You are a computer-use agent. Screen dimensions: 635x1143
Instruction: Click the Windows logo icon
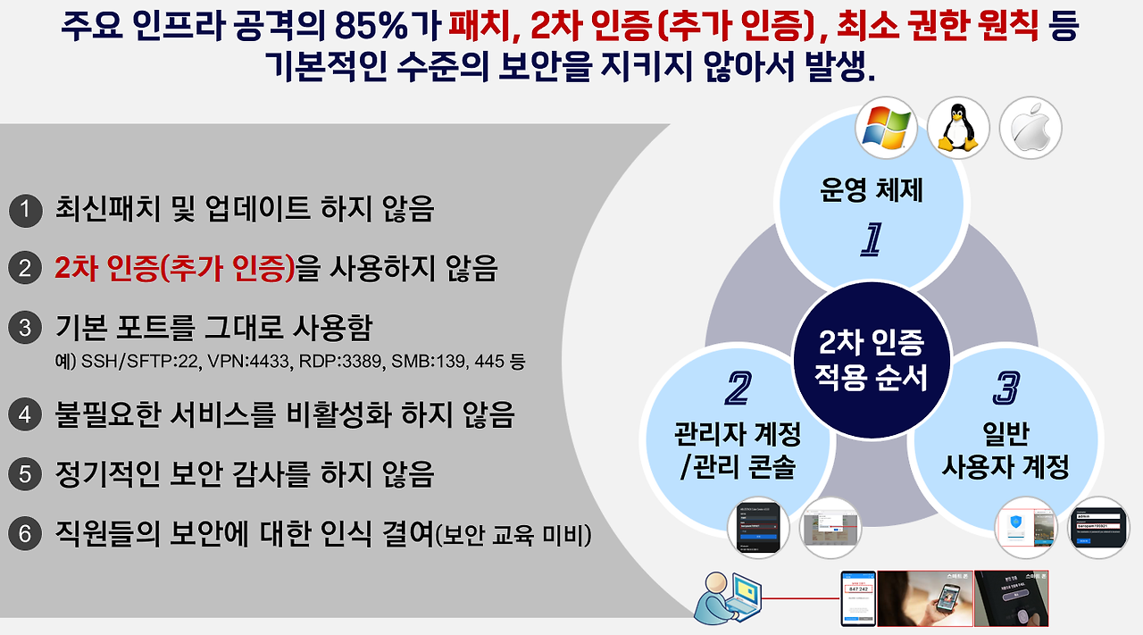click(x=886, y=128)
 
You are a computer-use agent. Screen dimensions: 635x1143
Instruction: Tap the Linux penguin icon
click(x=958, y=128)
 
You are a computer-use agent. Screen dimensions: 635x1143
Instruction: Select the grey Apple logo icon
click(x=1030, y=128)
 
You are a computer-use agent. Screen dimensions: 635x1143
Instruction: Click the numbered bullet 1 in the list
click(x=26, y=211)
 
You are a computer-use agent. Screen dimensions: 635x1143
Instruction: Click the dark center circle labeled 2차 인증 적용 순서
click(x=871, y=362)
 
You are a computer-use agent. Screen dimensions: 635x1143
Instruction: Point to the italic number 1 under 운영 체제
click(x=871, y=239)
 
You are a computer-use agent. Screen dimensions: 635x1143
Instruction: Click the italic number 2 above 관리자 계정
click(x=738, y=389)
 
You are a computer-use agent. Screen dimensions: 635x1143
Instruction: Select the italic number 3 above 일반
click(x=1005, y=389)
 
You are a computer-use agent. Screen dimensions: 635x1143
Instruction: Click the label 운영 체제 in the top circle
click(x=871, y=190)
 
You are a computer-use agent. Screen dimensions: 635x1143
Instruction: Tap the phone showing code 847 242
click(x=857, y=597)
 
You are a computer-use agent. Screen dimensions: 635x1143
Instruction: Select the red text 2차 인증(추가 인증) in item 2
click(x=175, y=268)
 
